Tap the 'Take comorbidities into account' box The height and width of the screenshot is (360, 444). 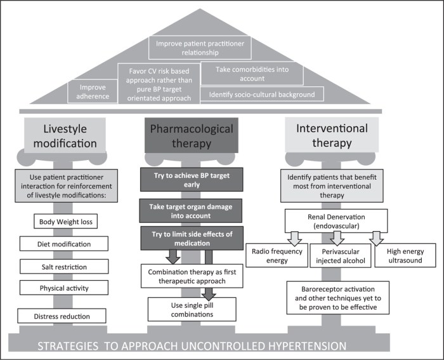[252, 74]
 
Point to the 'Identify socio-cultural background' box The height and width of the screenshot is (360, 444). [261, 95]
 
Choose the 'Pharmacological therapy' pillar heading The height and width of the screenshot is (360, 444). [183, 133]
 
